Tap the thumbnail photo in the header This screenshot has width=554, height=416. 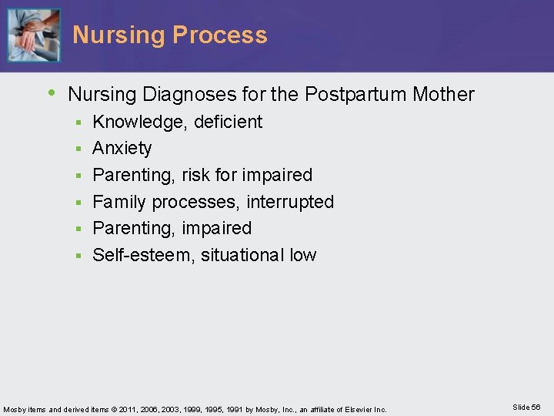point(33,35)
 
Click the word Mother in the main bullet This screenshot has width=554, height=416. point(444,95)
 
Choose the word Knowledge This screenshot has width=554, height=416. point(135,122)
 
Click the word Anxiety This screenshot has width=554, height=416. point(122,148)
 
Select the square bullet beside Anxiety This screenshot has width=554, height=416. point(78,149)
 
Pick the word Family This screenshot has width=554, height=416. point(119,202)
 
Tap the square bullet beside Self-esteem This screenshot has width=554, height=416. point(78,256)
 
